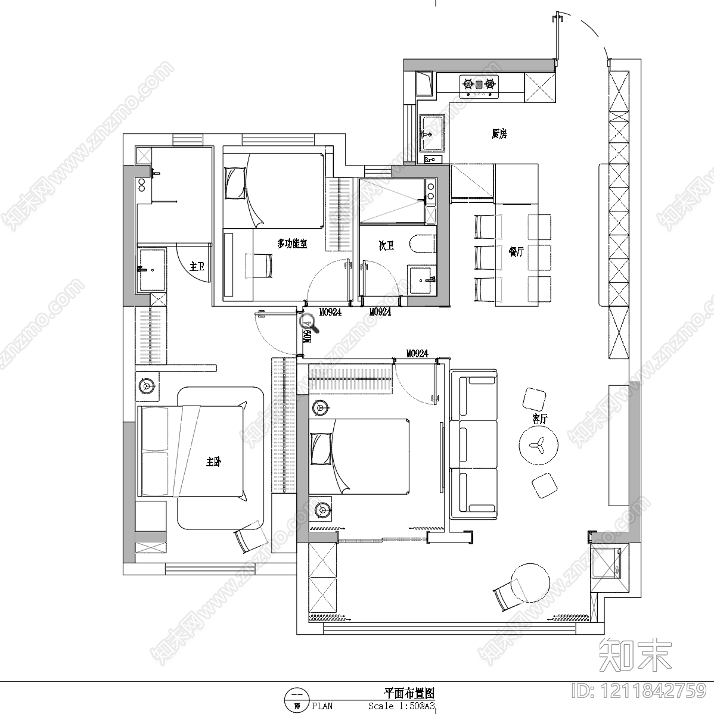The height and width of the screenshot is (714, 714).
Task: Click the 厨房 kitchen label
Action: click(499, 134)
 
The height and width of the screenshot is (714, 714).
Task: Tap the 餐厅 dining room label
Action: click(516, 252)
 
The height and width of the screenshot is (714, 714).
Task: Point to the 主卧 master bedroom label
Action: click(213, 462)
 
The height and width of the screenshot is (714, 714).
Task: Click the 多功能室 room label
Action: click(292, 244)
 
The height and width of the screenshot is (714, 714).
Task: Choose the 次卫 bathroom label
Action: click(386, 245)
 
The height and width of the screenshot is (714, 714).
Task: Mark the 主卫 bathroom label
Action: click(197, 267)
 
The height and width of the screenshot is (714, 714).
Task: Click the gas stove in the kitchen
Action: click(479, 86)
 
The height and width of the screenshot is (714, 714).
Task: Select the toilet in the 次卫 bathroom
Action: click(422, 245)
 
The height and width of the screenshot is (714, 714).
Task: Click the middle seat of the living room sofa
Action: click(474, 444)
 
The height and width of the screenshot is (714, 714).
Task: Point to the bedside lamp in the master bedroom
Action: click(147, 386)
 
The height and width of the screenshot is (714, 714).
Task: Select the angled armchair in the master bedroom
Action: click(249, 538)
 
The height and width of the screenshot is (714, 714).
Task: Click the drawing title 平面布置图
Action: click(409, 694)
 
